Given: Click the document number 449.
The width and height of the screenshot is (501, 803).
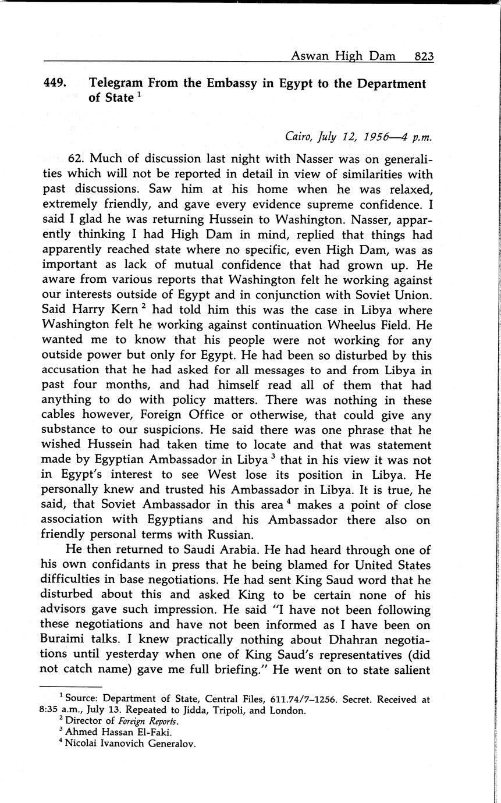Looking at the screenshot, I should point(55,83).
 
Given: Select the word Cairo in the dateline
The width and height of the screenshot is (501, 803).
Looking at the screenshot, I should point(299,137).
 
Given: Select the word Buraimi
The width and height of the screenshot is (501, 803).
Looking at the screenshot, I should point(64,640).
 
